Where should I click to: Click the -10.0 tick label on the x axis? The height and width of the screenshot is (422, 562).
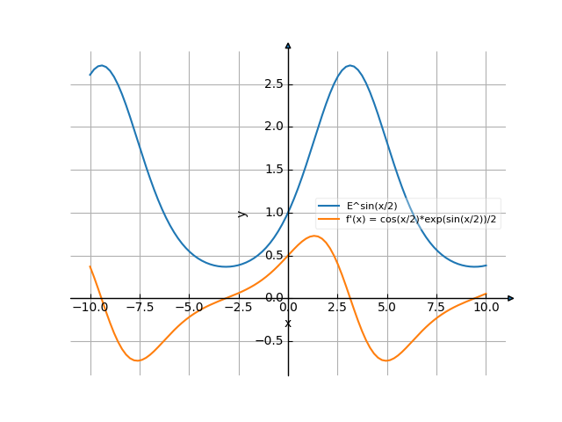(x=90, y=308)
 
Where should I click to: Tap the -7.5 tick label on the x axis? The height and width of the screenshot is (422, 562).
(x=140, y=308)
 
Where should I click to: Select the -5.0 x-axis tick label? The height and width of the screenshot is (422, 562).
(x=189, y=308)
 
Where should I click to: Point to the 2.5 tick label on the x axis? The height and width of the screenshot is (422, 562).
(x=337, y=308)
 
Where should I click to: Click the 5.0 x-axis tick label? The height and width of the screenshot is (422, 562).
(x=386, y=308)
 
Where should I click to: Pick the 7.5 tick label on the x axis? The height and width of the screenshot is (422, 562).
(x=436, y=308)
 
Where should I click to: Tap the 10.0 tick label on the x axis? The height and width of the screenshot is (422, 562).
(x=486, y=308)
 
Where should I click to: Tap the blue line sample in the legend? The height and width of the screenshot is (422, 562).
(x=329, y=206)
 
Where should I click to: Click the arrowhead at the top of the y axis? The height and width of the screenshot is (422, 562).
(x=288, y=44)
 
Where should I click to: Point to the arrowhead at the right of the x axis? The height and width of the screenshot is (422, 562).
(x=511, y=298)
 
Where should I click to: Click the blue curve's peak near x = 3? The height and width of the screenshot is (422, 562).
(x=350, y=65)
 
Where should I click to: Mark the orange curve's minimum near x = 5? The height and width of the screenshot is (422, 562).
(x=386, y=360)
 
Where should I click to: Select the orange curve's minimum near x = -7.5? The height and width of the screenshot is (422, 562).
(x=139, y=360)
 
